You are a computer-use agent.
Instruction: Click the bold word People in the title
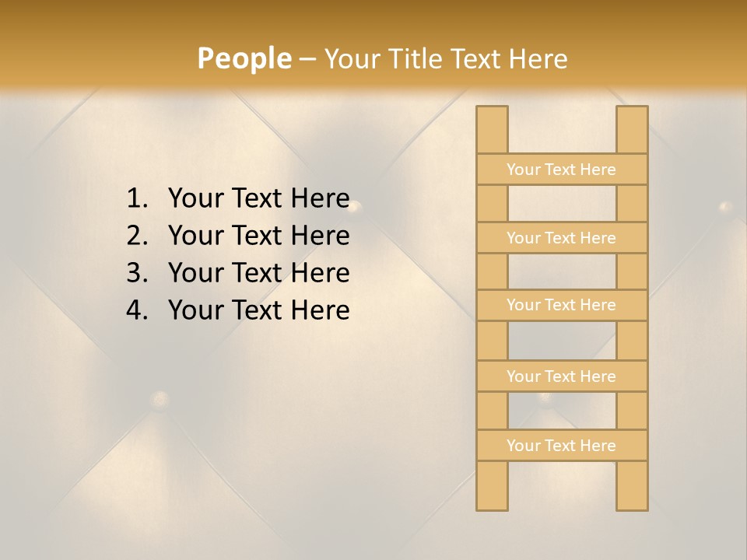click(x=244, y=58)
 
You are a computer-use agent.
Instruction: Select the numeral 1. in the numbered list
click(x=137, y=198)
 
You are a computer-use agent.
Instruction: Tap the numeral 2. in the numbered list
click(x=137, y=236)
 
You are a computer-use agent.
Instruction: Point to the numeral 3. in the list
click(x=137, y=273)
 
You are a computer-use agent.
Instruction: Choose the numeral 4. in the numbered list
click(x=137, y=310)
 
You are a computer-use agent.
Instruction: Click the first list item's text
click(x=258, y=198)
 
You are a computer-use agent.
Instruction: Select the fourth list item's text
click(x=258, y=310)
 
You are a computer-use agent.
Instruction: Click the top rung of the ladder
click(x=561, y=169)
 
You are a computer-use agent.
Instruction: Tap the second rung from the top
click(x=561, y=237)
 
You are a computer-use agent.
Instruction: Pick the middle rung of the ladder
click(x=561, y=305)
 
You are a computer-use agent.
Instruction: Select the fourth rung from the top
click(x=561, y=376)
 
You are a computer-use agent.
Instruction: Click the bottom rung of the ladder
click(x=561, y=445)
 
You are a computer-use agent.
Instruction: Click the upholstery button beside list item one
click(x=353, y=207)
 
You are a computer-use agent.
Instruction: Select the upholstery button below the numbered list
click(x=160, y=400)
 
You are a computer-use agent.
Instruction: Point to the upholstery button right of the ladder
click(x=725, y=207)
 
